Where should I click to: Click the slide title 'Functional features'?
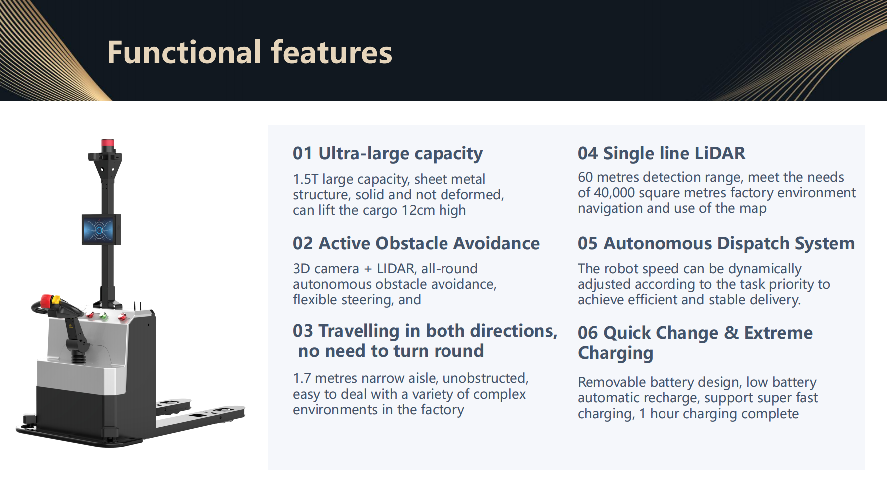249,52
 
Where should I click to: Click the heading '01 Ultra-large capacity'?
388,154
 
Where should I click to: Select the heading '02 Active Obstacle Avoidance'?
416,243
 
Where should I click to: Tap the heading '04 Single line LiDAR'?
662,154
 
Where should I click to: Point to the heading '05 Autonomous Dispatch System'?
716,244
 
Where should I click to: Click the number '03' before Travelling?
303,331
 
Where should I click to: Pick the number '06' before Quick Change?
588,333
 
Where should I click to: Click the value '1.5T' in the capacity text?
305,179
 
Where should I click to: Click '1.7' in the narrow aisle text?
302,378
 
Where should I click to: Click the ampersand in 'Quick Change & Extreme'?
731,333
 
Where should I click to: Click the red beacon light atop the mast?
108,144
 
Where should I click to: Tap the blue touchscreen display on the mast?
99,229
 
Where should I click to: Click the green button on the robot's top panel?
104,316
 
